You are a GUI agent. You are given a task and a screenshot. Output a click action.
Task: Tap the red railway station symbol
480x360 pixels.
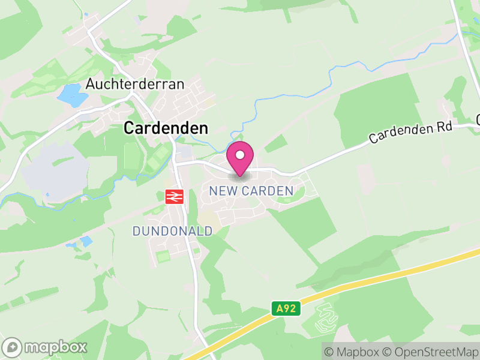point(174,196)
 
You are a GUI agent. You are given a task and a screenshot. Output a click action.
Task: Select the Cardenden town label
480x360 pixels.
point(166,128)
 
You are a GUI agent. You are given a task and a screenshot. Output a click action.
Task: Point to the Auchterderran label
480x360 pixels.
point(134,84)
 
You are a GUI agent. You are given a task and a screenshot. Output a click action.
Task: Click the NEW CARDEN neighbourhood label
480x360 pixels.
point(251,191)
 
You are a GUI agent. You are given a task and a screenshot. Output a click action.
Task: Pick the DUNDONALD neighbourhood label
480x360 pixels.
point(173,231)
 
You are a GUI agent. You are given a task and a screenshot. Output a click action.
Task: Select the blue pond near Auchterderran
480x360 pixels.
point(71,95)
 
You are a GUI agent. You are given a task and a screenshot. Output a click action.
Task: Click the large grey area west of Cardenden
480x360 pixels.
point(57,171)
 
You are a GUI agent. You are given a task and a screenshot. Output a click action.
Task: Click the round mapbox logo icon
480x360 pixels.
point(12,347)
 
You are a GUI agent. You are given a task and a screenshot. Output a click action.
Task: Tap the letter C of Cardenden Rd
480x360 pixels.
point(373,139)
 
